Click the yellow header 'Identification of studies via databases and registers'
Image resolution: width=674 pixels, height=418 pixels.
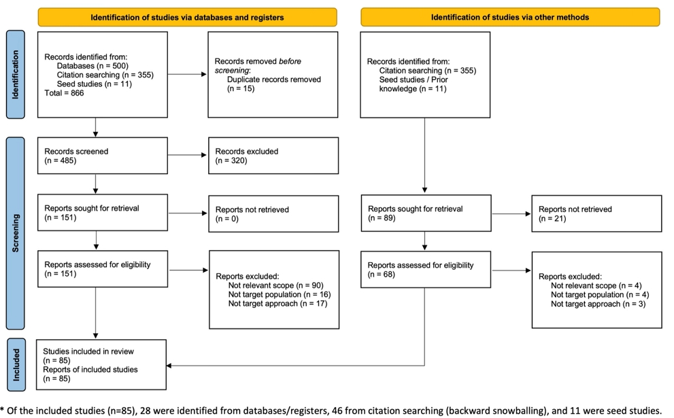[x=188, y=17]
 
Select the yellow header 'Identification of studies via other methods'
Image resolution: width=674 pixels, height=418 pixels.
[x=510, y=17]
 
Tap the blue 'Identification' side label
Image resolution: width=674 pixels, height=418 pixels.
[x=16, y=74]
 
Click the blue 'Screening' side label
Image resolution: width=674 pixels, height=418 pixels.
[x=16, y=233]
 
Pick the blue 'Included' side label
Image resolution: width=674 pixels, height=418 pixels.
[x=16, y=365]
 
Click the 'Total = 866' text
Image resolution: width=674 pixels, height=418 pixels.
[x=64, y=93]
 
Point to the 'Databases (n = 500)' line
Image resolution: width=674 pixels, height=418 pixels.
[x=92, y=66]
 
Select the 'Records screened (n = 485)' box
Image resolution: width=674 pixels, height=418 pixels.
[x=102, y=156]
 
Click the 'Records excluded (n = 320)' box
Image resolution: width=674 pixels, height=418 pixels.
[x=273, y=156]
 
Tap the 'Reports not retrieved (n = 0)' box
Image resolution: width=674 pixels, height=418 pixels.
[x=273, y=214]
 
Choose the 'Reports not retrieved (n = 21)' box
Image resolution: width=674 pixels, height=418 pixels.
[x=596, y=213]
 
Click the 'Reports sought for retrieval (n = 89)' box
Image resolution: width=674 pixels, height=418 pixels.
[x=426, y=213]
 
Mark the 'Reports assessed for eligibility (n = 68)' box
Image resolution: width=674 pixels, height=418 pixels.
[x=426, y=269]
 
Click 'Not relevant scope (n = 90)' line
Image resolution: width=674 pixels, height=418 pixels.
[x=275, y=285]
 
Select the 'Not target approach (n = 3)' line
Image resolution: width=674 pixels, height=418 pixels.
[x=598, y=304]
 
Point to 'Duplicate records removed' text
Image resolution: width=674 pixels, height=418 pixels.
[x=274, y=80]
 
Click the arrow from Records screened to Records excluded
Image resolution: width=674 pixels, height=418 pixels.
[x=188, y=155]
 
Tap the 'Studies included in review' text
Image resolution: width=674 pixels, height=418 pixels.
[x=88, y=351]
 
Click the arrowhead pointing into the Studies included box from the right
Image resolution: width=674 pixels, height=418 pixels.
[x=169, y=366]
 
